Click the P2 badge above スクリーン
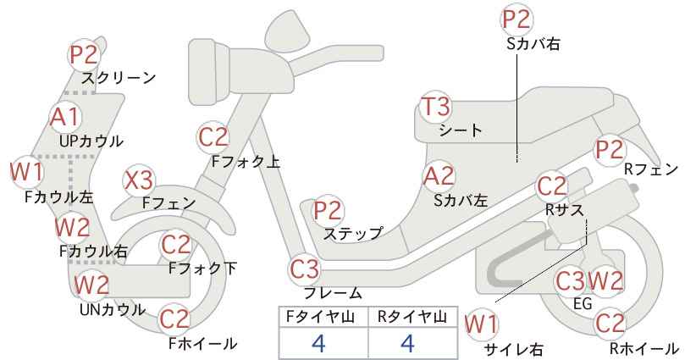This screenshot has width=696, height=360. (x=84, y=55)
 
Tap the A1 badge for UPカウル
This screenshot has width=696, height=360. (x=65, y=118)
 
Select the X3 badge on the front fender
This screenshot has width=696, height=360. (x=138, y=180)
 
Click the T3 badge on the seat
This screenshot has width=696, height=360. (x=435, y=107)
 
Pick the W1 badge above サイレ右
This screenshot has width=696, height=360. (x=481, y=325)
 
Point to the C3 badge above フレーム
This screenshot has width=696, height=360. (x=305, y=269)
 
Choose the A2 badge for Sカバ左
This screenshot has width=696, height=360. (x=439, y=176)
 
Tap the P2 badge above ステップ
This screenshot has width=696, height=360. (x=328, y=210)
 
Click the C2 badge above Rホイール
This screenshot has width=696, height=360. (x=610, y=324)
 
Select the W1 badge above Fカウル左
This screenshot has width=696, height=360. (x=26, y=171)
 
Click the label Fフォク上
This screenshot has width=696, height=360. (x=246, y=162)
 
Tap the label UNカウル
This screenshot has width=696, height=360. (x=113, y=309)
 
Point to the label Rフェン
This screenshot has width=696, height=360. (x=651, y=169)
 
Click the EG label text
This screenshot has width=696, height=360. (x=583, y=303)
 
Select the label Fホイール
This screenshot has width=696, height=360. (x=203, y=343)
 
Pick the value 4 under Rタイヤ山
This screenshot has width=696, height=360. (x=407, y=343)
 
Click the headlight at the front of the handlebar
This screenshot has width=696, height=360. (x=208, y=71)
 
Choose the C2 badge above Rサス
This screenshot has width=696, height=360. (x=552, y=186)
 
